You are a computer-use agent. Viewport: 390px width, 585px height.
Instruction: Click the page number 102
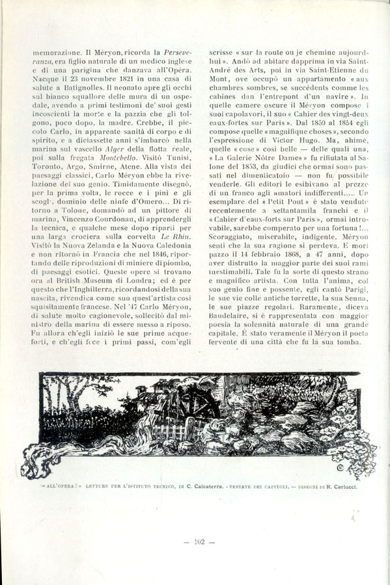(x=196, y=541)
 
